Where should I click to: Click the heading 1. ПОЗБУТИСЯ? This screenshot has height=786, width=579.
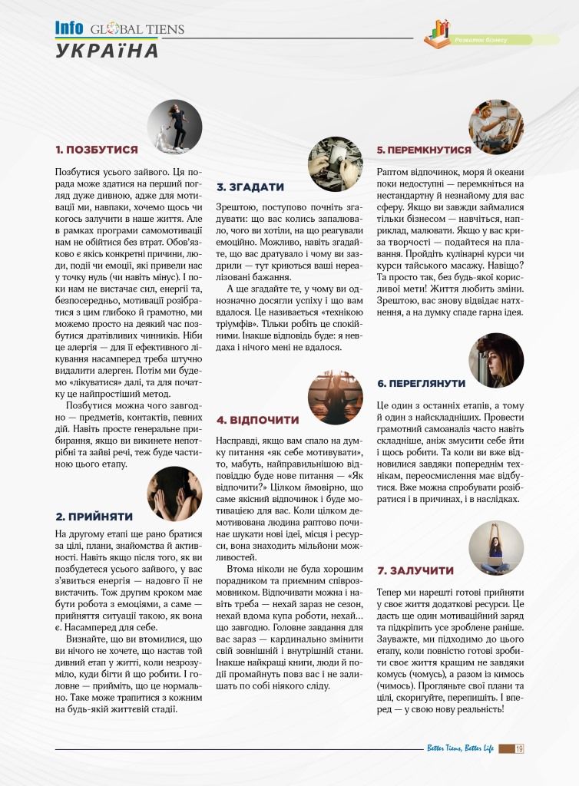(97, 150)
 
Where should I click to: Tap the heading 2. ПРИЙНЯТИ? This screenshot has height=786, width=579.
(94, 517)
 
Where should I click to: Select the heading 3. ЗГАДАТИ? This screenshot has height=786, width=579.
(250, 187)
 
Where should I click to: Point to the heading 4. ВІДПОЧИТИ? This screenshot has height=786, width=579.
(257, 420)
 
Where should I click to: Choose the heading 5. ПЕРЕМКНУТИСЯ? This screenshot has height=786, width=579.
(423, 150)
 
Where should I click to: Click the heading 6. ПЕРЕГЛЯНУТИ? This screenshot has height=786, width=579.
(421, 382)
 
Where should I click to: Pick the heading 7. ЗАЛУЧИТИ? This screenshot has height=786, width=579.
(415, 570)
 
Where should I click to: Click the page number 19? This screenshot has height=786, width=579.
(520, 748)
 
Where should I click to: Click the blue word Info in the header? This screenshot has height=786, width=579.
(69, 28)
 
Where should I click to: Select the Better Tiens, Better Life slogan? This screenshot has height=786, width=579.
(461, 748)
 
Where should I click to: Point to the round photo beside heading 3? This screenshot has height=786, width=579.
(335, 164)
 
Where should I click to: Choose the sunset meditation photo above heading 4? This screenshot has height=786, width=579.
(335, 397)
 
